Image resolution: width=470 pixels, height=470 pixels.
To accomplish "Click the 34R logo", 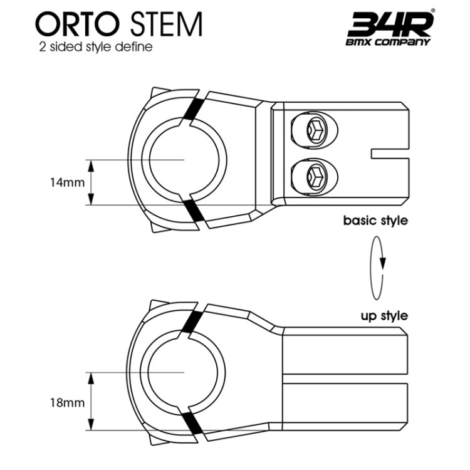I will pyautogui.click(x=389, y=24).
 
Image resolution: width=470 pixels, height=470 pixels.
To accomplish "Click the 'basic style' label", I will pyautogui.click(x=375, y=221).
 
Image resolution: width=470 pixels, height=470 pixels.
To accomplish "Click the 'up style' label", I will pyautogui.click(x=384, y=315).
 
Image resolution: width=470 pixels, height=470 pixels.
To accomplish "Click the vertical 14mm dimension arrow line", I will pyautogui.click(x=91, y=182).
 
